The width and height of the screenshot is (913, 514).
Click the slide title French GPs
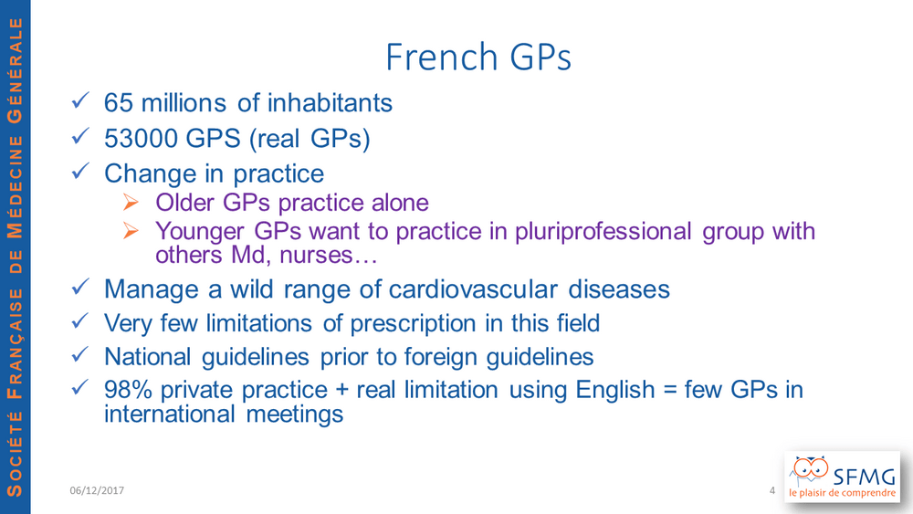(x=478, y=57)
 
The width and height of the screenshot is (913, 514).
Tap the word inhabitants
(x=330, y=103)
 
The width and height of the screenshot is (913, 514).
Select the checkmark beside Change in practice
(x=80, y=171)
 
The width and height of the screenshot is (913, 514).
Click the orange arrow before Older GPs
(x=131, y=202)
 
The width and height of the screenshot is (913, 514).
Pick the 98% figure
(x=128, y=390)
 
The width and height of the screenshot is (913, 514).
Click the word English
(x=614, y=391)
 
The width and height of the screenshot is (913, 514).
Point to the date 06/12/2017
(x=97, y=490)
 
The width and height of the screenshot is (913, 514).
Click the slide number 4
(x=772, y=490)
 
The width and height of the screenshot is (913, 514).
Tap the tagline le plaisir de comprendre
(x=842, y=493)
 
